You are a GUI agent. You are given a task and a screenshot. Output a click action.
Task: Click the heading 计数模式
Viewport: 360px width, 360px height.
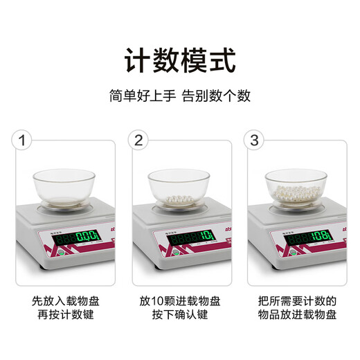[x=179, y=60]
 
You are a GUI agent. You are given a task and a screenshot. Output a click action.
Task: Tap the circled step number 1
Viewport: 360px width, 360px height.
[x=24, y=141]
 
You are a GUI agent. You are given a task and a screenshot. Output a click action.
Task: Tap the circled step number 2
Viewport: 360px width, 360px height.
[x=139, y=141]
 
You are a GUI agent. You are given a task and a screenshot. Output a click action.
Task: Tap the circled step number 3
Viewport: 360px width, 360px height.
[x=254, y=141]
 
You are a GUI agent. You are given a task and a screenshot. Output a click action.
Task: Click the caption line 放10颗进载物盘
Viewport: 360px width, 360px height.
[x=179, y=301]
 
